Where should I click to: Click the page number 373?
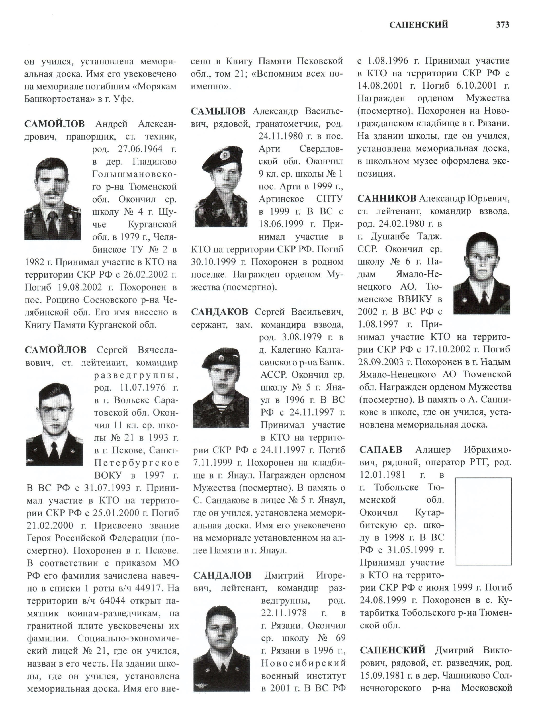pos(502,25)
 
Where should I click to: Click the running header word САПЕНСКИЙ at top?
pos(419,25)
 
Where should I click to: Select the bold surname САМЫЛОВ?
pos(218,111)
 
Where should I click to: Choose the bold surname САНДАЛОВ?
pos(222,575)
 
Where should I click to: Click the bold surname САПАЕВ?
pos(381,450)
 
